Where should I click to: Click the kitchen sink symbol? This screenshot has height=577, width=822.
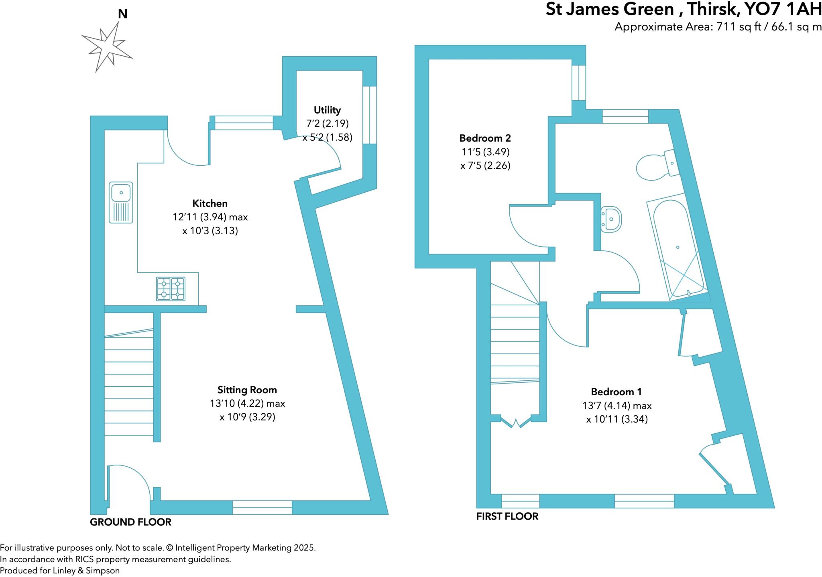(x=121, y=202)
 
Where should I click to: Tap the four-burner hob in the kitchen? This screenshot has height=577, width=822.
(x=171, y=289)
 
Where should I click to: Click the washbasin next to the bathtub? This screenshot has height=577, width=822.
(x=611, y=219)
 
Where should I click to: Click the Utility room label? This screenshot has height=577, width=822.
(x=327, y=110)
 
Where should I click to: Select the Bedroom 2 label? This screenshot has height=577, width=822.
(x=485, y=138)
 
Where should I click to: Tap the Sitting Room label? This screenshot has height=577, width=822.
(x=247, y=390)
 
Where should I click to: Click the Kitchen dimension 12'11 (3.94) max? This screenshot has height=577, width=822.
(x=210, y=217)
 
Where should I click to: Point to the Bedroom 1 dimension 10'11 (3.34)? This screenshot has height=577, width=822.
(x=617, y=419)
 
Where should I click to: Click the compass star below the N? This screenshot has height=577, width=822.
(x=107, y=47)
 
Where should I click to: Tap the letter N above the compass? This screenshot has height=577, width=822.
(x=122, y=14)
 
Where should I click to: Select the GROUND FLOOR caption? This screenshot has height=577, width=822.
(x=130, y=522)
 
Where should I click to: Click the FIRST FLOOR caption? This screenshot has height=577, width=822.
(x=507, y=516)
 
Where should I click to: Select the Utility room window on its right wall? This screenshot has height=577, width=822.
(x=370, y=115)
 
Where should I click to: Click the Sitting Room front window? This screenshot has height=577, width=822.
(x=262, y=507)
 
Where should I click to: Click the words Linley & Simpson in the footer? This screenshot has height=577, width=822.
(x=86, y=571)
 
